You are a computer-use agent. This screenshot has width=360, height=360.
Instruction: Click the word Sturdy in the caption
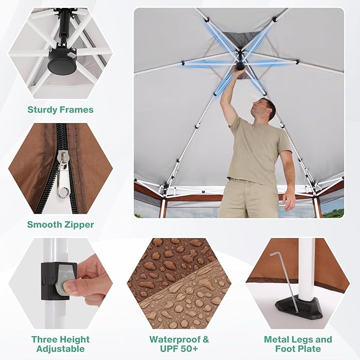[x=42, y=110]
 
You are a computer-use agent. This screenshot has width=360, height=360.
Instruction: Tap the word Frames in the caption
[x=76, y=110]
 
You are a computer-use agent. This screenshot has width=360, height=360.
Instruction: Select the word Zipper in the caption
[x=79, y=225]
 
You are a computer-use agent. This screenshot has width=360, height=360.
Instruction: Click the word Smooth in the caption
[x=45, y=225]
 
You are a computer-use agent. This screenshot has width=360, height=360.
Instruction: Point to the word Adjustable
[x=60, y=349]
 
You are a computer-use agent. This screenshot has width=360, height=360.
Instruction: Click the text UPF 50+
[x=179, y=349]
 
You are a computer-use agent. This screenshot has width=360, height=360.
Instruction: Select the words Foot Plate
[x=298, y=349]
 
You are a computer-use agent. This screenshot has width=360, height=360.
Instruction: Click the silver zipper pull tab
[x=63, y=174]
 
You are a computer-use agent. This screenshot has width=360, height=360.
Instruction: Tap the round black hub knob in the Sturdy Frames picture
[x=62, y=65]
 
